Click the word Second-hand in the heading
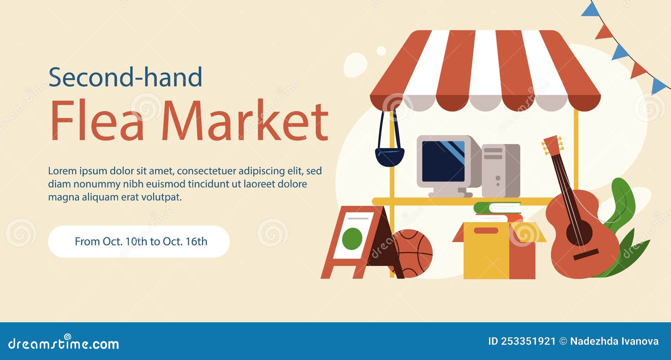coord(125,77)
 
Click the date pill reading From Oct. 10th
coord(139,241)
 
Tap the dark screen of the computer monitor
coord(443,162)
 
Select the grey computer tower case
coord(501,171)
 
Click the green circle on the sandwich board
coord(352,238)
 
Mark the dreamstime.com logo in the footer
coord(63,343)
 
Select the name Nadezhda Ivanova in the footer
coord(614,342)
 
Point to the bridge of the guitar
coord(585,255)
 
